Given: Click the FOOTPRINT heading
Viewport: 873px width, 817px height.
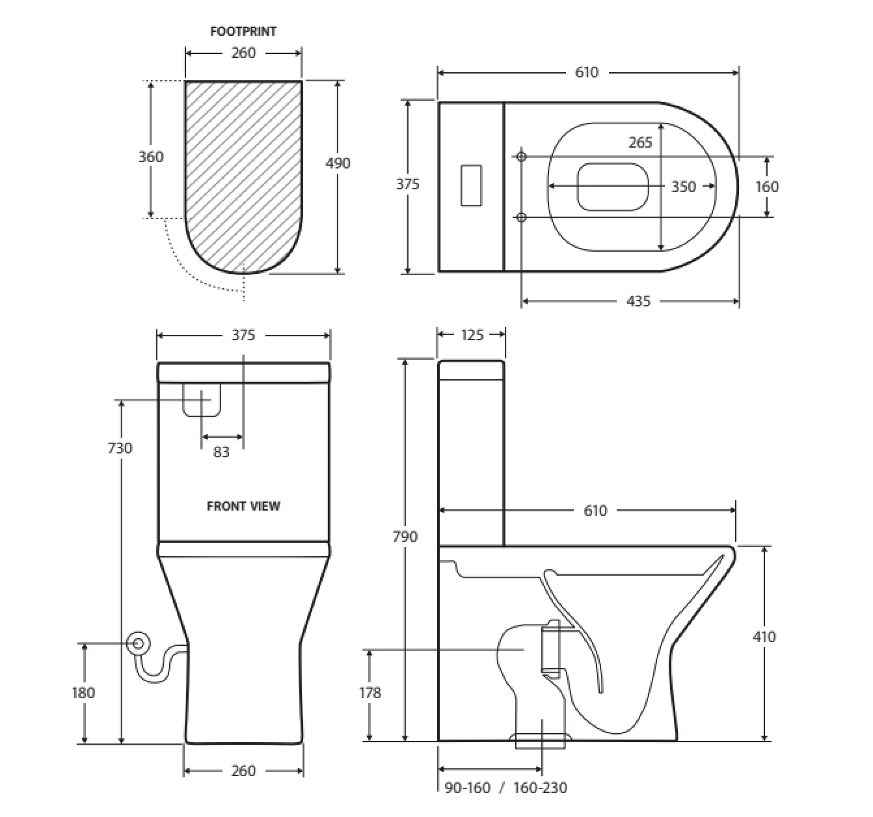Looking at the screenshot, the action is tap(243, 32).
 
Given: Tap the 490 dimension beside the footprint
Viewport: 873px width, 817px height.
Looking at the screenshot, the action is tap(338, 163).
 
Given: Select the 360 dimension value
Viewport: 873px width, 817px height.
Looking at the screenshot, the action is tap(151, 157).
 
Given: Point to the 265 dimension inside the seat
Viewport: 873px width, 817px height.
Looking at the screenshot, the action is tap(641, 142).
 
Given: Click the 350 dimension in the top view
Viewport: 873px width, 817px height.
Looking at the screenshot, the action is tap(684, 187).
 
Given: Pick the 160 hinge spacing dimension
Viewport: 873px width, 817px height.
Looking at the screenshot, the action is tap(767, 187).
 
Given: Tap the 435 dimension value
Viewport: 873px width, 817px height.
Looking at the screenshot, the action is tap(638, 301).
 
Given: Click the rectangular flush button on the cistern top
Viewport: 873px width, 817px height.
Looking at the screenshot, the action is tap(471, 185).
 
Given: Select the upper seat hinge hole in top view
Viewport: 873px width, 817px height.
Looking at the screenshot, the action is tap(521, 157).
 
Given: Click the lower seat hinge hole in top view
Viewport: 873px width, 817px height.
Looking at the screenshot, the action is tap(521, 217).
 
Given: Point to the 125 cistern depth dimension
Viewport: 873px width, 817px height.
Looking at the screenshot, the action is tap(472, 335).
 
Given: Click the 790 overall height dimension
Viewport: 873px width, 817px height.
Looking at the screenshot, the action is tap(405, 537).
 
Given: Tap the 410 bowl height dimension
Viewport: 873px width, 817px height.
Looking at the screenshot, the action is tap(764, 637).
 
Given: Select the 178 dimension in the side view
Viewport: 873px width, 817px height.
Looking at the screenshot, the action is tap(370, 693).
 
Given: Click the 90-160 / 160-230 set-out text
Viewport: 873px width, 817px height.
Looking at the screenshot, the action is tap(506, 788).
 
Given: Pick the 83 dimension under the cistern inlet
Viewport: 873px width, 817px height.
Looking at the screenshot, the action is tap(221, 452).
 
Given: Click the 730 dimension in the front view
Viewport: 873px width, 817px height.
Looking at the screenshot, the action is tap(120, 448).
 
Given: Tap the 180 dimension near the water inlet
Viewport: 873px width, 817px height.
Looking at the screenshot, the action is tap(83, 693).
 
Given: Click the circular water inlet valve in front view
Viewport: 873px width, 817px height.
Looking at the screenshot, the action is tap(139, 643).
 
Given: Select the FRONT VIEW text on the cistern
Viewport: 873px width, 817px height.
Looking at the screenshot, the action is tap(243, 506).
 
